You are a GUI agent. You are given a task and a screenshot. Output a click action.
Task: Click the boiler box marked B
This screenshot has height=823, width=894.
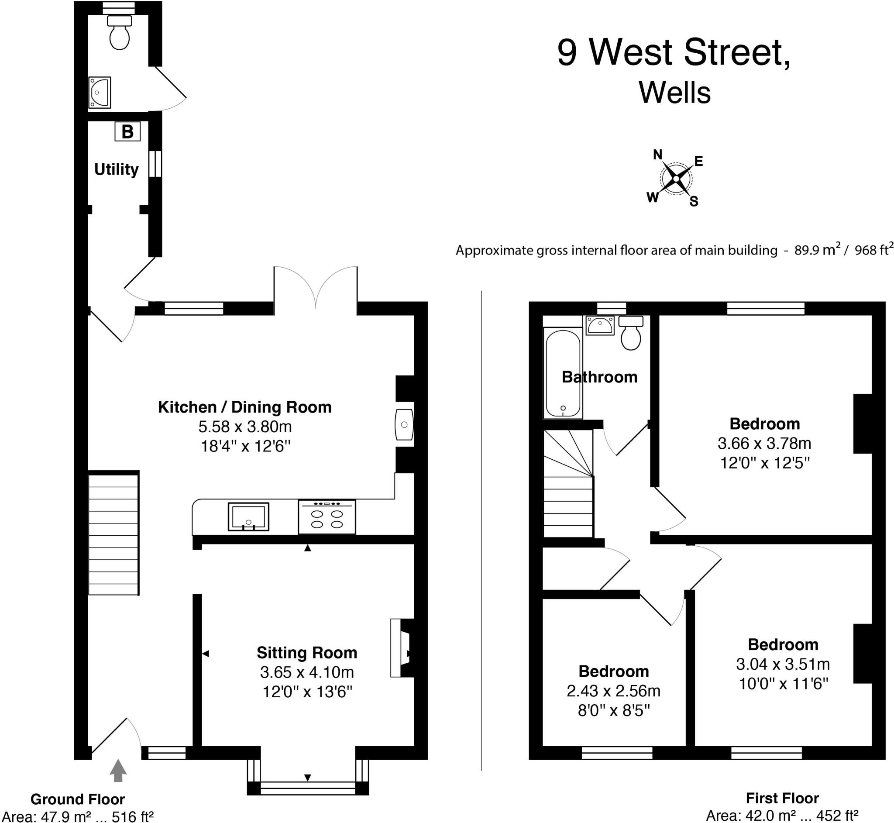point(127,132)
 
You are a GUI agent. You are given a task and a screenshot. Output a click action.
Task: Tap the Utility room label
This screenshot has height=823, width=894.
point(116,169)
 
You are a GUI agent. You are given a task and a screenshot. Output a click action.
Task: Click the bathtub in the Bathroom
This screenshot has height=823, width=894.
point(563,373)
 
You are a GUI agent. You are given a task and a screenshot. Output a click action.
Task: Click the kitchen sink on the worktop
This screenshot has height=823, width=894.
point(248,517)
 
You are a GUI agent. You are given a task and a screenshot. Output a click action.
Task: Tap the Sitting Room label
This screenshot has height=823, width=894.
point(307,653)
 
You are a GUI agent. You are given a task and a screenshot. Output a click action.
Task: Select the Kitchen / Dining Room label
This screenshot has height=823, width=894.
point(244,407)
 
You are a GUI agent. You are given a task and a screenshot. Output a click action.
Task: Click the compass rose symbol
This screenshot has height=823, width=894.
point(675,179)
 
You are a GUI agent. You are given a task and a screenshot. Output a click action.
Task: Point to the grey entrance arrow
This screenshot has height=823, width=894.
point(118,771)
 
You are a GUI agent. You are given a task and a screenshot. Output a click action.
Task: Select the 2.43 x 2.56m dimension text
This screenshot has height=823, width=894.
point(613,691)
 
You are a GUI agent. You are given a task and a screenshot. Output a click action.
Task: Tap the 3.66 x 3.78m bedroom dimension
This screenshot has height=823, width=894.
point(764,443)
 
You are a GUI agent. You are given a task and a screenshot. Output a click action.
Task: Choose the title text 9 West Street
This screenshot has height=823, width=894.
point(674,53)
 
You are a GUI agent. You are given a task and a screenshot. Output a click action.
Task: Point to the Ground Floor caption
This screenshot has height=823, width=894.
point(77,799)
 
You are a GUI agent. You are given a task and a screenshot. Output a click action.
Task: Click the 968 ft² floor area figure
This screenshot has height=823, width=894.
point(874,250)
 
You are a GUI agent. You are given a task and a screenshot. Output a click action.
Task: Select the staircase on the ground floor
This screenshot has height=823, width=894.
point(113,534)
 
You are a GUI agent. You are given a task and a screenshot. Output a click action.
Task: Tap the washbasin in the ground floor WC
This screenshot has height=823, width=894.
point(100,93)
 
